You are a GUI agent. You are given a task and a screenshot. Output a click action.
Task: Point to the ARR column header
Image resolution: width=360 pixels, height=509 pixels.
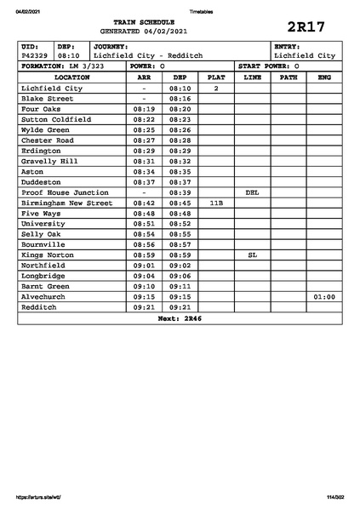click(144, 77)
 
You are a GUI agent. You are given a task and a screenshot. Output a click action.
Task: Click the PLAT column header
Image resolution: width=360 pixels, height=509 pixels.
click(216, 77)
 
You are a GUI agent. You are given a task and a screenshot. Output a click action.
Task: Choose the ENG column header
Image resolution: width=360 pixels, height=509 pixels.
click(323, 77)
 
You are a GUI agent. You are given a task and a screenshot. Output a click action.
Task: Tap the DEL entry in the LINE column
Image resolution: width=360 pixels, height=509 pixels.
click(252, 192)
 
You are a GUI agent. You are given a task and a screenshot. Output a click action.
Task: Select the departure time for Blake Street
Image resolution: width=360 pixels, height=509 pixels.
click(180, 99)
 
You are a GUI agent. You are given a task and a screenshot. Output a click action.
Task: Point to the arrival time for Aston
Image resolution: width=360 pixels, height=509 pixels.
click(144, 171)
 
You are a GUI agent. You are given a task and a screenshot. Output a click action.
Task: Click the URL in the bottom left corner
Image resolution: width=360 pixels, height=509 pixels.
click(39, 497)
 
